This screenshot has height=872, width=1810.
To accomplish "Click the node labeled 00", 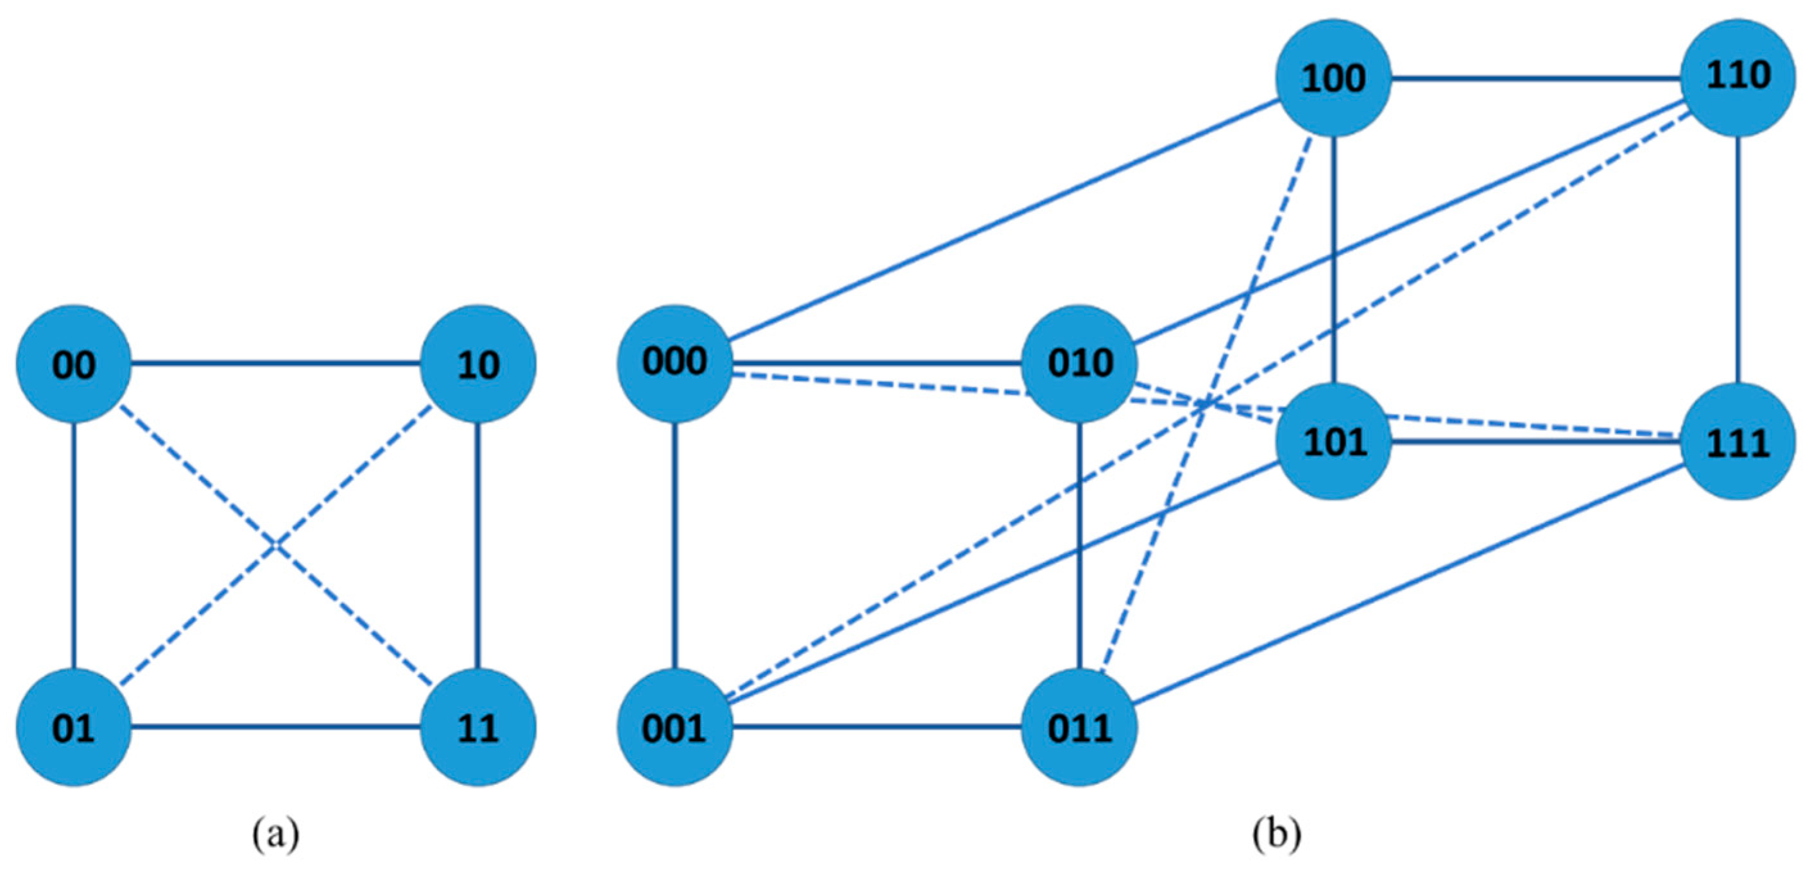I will point(74,364).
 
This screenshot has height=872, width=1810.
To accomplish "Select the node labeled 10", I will point(478,364).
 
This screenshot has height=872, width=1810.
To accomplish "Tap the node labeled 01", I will point(74,726).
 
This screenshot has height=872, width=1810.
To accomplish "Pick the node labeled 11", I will point(478,726).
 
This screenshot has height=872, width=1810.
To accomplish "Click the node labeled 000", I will point(674,362).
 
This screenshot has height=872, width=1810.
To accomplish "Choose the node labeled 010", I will point(1079,362).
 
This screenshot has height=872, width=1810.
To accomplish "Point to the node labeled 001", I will point(674,726).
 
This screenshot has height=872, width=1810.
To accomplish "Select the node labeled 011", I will point(1079,726).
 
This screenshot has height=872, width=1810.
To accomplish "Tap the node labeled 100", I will point(1334,77).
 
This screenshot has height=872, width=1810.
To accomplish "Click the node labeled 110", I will point(1737,76).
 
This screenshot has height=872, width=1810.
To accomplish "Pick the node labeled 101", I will point(1334,442).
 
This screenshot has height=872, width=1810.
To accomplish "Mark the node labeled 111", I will point(1737,442).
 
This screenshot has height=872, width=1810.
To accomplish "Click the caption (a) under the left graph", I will point(276,835).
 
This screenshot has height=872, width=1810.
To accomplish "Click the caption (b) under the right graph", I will point(1277,835).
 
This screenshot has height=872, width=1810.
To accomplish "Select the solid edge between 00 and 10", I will point(275,364).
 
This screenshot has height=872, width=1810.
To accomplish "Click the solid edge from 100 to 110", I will point(1535,78).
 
